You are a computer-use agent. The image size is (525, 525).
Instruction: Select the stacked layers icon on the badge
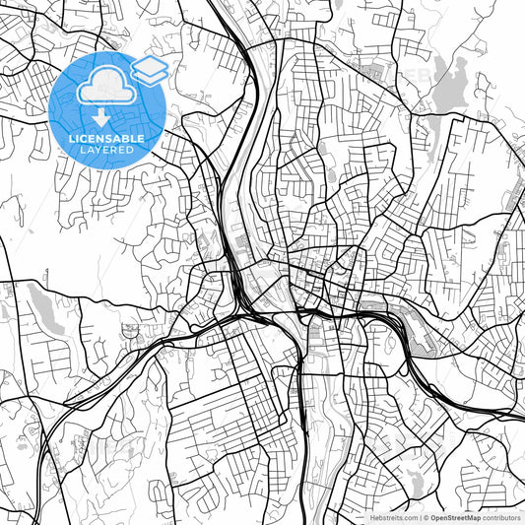(x=150, y=69)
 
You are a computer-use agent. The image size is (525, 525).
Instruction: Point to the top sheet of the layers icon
(x=150, y=63)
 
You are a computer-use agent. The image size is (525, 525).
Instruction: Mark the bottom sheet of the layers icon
(x=150, y=76)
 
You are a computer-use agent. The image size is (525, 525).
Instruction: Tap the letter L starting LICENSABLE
(x=72, y=139)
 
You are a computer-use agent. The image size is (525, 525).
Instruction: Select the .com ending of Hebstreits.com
(x=407, y=517)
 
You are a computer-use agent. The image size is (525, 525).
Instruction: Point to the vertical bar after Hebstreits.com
(x=420, y=517)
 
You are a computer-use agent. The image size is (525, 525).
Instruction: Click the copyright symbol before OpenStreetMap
(x=427, y=517)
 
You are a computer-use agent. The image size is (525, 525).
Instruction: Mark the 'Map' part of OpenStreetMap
(x=473, y=517)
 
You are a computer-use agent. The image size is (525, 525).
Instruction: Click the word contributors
(x=501, y=517)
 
